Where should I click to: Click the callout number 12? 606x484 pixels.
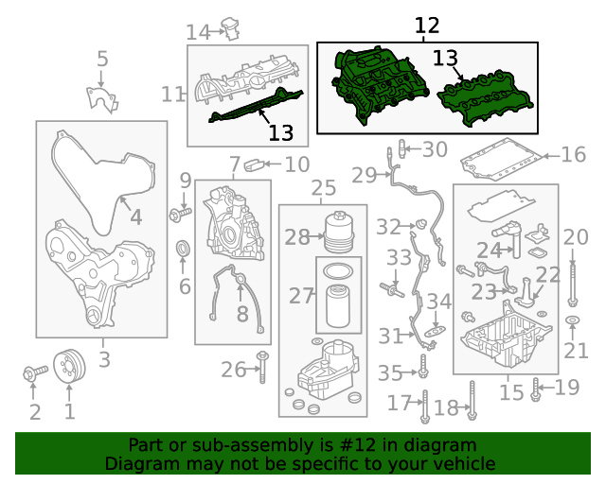click(x=427, y=26)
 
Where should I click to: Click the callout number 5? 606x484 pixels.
click(x=102, y=60)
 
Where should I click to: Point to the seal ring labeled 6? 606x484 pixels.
click(x=184, y=250)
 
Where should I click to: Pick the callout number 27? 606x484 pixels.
click(x=301, y=296)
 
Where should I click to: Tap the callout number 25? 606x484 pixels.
click(x=324, y=188)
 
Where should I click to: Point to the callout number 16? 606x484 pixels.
click(x=574, y=154)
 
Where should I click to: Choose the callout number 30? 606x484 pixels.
click(x=435, y=149)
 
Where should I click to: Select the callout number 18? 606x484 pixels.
click(x=446, y=407)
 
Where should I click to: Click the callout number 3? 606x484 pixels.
click(x=103, y=359)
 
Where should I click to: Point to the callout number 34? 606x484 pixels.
click(x=439, y=302)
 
